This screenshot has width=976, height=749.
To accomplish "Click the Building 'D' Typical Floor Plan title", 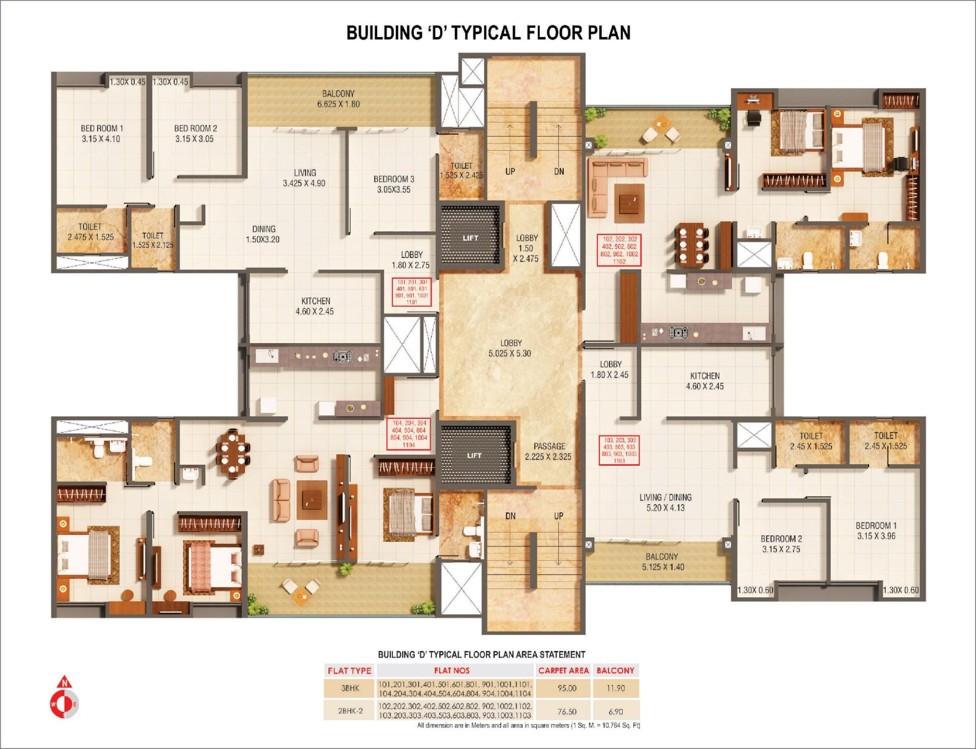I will [x=488, y=33].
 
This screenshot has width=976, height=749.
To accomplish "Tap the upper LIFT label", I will [x=470, y=238].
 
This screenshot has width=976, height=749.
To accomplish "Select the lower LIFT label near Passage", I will [x=474, y=455].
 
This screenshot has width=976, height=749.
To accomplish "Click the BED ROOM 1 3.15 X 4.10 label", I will [x=101, y=134].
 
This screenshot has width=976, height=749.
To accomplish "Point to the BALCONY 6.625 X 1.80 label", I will [x=338, y=99].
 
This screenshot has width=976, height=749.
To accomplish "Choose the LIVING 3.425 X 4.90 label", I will [x=304, y=178].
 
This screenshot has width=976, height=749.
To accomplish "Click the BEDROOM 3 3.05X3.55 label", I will [x=393, y=184].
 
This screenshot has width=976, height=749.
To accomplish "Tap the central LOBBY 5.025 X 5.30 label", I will [x=510, y=348].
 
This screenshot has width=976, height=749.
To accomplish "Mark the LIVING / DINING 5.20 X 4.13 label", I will [x=665, y=502].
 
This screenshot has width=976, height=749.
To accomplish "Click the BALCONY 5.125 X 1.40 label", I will [x=662, y=562].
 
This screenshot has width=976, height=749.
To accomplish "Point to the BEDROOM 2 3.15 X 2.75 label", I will [x=781, y=544].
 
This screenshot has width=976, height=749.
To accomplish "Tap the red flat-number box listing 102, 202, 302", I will [x=619, y=250].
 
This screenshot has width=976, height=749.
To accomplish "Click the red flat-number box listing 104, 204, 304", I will [x=409, y=434].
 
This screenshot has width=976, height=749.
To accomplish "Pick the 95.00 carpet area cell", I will [x=567, y=688].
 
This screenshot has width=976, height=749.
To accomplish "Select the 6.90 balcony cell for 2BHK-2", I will [x=615, y=711].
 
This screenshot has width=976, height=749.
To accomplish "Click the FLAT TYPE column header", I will [x=349, y=670].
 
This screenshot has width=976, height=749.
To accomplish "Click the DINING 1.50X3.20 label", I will [x=263, y=234].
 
